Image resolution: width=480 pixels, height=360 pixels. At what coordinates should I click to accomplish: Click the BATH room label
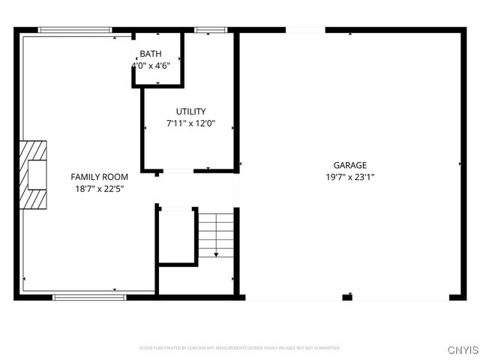coord(150,55)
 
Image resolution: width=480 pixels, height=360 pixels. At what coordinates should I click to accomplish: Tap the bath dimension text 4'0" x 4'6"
coord(155,65)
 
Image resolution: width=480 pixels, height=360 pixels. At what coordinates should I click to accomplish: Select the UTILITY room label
coord(190,112)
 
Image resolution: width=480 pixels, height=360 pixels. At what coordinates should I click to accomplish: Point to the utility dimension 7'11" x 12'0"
coord(190,124)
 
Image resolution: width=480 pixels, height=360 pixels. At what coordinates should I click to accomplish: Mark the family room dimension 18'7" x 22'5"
coord(99,189)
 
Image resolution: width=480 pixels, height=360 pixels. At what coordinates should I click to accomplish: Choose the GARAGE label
coord(350,166)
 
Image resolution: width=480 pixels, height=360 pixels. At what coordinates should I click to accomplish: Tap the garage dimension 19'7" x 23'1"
coord(350,178)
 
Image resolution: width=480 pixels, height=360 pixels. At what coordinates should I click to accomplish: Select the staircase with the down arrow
coord(217,234)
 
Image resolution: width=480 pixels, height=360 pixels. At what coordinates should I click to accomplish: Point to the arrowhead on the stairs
coord(217,255)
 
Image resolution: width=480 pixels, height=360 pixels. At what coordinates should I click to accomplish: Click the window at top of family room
coord(75,30)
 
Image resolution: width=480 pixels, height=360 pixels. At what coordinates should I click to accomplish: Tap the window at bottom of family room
coord(88,298)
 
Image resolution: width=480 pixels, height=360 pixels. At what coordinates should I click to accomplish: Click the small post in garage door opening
coord(347,298)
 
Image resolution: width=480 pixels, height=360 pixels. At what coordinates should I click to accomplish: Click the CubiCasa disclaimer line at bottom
coord(240,348)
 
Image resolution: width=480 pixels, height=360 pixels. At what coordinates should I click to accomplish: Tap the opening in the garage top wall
coord(305,30)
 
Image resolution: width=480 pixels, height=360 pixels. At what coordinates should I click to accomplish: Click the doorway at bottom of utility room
coord(178,172)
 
